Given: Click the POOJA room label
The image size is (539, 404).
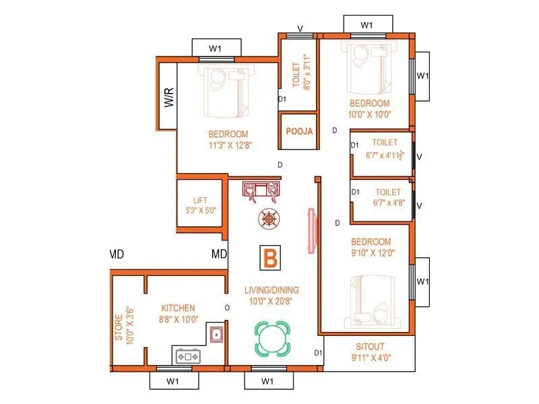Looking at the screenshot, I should (x=299, y=132).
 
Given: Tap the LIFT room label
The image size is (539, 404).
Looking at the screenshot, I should (x=200, y=201).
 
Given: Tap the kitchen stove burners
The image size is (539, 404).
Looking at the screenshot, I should (x=188, y=356).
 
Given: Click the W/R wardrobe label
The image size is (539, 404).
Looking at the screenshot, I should (x=168, y=98).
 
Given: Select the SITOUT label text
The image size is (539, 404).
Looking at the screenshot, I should (x=371, y=347).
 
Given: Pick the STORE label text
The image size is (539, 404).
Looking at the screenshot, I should (x=119, y=328).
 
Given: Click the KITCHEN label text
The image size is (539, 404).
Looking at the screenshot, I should (x=178, y=308).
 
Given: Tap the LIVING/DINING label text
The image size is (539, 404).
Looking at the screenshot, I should (x=272, y=290).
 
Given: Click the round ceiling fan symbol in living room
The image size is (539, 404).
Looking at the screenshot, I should (x=268, y=218).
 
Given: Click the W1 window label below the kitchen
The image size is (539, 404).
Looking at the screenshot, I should (x=173, y=381).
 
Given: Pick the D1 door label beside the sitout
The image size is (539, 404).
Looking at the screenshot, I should (x=318, y=353).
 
